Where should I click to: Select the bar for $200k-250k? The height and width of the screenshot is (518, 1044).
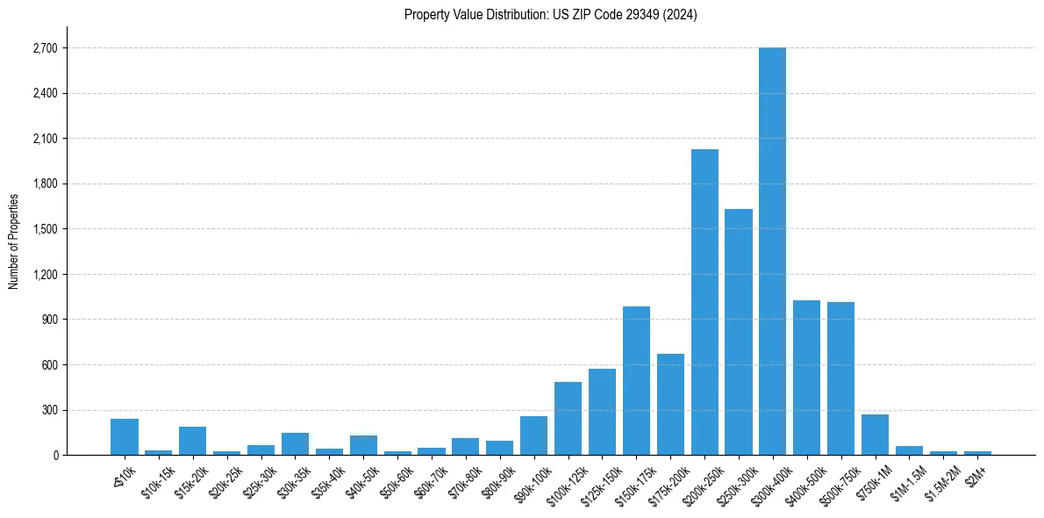[x=704, y=302]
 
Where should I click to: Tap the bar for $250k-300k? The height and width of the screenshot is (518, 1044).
[x=739, y=332]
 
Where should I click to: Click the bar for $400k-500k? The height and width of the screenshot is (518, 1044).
[x=806, y=378]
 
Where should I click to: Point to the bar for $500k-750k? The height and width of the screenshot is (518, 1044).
[x=840, y=378]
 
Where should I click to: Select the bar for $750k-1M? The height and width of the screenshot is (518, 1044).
[x=875, y=435]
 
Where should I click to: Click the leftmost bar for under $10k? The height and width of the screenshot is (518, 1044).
[x=125, y=436]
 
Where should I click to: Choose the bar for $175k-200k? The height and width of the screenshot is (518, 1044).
[x=670, y=404]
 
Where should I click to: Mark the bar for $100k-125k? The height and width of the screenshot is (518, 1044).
[x=568, y=418]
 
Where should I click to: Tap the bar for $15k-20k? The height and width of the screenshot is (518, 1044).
[x=192, y=441]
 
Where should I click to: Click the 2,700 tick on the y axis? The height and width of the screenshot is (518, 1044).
[x=44, y=48]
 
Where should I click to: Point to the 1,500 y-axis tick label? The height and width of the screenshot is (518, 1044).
[x=44, y=229]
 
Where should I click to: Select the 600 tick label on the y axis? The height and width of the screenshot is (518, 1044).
[x=49, y=365]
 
